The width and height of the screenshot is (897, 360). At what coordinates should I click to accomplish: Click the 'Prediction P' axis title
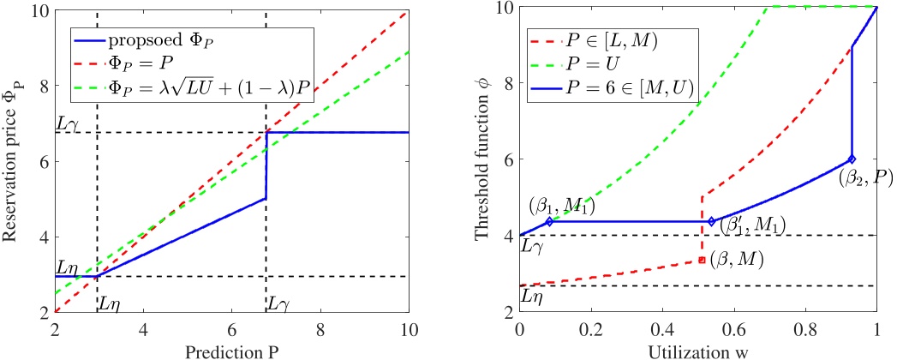pyautogui.click(x=231, y=351)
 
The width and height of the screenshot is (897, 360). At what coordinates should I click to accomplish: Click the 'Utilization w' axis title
pyautogui.click(x=698, y=351)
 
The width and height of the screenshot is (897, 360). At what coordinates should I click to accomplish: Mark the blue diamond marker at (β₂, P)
pyautogui.click(x=852, y=159)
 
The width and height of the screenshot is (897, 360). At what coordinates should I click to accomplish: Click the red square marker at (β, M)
pyautogui.click(x=702, y=259)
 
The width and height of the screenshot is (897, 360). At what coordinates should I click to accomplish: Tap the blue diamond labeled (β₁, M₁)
pyautogui.click(x=549, y=221)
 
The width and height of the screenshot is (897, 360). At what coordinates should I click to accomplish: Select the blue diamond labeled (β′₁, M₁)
pyautogui.click(x=711, y=221)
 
